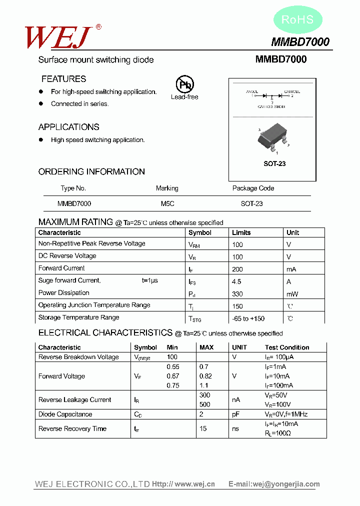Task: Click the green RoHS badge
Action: (x=297, y=20)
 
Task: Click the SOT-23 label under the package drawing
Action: (x=274, y=164)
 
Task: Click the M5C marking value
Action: (x=167, y=204)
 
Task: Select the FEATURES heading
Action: (x=63, y=79)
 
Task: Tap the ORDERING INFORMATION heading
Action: (x=91, y=171)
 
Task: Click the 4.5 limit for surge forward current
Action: (x=236, y=281)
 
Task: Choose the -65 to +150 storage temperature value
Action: (x=248, y=318)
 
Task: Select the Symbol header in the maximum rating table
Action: (x=200, y=232)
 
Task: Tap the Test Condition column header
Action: (x=287, y=347)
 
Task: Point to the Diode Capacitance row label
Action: (x=65, y=414)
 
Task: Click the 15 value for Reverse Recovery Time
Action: (x=203, y=428)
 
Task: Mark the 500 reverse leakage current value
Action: (x=204, y=404)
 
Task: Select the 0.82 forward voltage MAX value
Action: (x=205, y=376)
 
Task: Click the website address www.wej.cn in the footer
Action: (x=194, y=484)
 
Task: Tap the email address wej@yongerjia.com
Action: (x=286, y=484)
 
